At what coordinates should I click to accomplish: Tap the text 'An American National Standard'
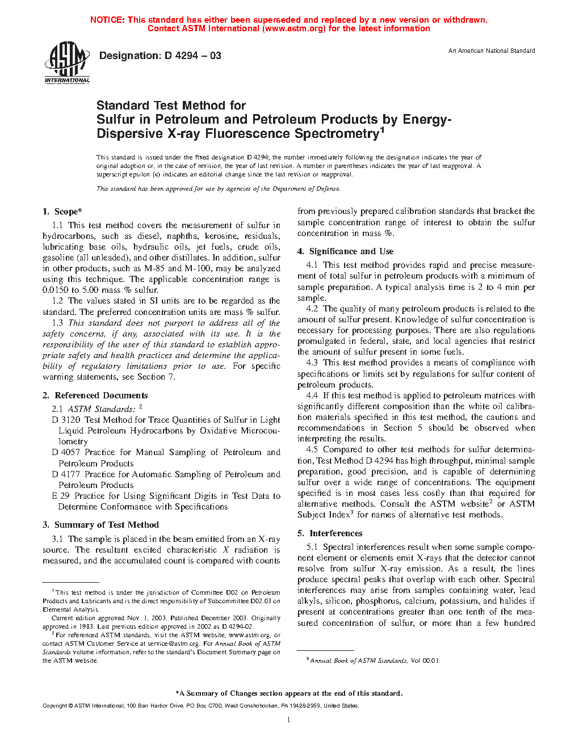pyautogui.click(x=492, y=51)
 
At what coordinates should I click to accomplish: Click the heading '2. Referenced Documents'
pyautogui.click(x=95, y=395)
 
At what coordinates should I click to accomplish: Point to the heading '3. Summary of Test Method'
pyautogui.click(x=100, y=525)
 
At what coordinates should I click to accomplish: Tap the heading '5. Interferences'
pyautogui.click(x=330, y=533)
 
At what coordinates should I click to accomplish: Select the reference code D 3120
pyautogui.click(x=66, y=420)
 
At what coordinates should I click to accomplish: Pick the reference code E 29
pyautogui.click(x=61, y=496)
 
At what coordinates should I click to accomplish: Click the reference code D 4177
pyautogui.click(x=66, y=474)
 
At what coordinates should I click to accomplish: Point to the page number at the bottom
pyautogui.click(x=289, y=720)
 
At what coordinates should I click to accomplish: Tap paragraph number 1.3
pyautogui.click(x=57, y=323)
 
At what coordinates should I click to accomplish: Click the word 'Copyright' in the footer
pyautogui.click(x=54, y=706)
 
